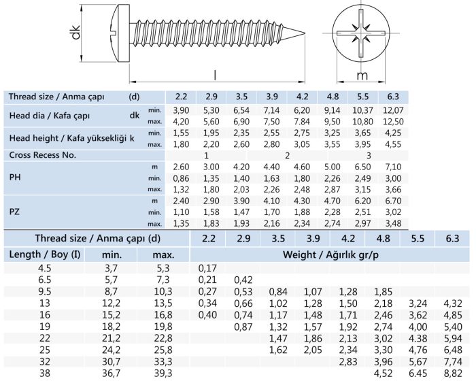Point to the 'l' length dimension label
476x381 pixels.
214,75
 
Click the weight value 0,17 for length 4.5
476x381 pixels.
207,268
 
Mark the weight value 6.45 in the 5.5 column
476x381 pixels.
417,373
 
